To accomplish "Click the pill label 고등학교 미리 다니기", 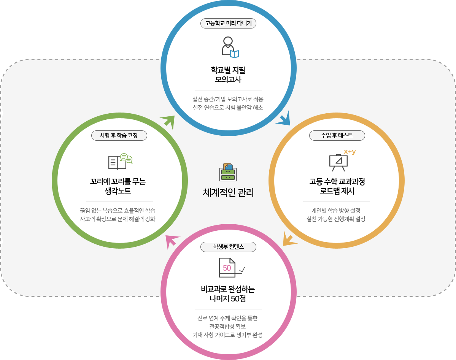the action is (x=228, y=23).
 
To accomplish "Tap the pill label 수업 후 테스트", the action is (x=337, y=135).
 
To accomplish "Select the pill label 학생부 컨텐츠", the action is (x=228, y=247).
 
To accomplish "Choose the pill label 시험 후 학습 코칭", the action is (x=119, y=135).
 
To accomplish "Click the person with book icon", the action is (x=230, y=47).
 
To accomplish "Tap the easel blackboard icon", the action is (x=338, y=163).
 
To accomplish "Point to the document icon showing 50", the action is (x=227, y=268).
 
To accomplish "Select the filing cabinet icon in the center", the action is (x=228, y=172).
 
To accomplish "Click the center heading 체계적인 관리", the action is (x=228, y=193).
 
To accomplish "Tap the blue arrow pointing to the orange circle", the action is (x=284, y=119).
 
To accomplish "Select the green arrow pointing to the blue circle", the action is (x=168, y=122).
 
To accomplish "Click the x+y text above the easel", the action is (x=350, y=152).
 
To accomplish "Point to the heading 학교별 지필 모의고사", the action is (x=228, y=75).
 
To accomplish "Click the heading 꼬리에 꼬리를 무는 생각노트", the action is (x=118, y=186).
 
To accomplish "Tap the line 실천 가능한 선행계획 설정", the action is (x=336, y=219).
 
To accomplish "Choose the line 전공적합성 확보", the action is (x=228, y=327).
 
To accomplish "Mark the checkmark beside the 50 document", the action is (x=242, y=270).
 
